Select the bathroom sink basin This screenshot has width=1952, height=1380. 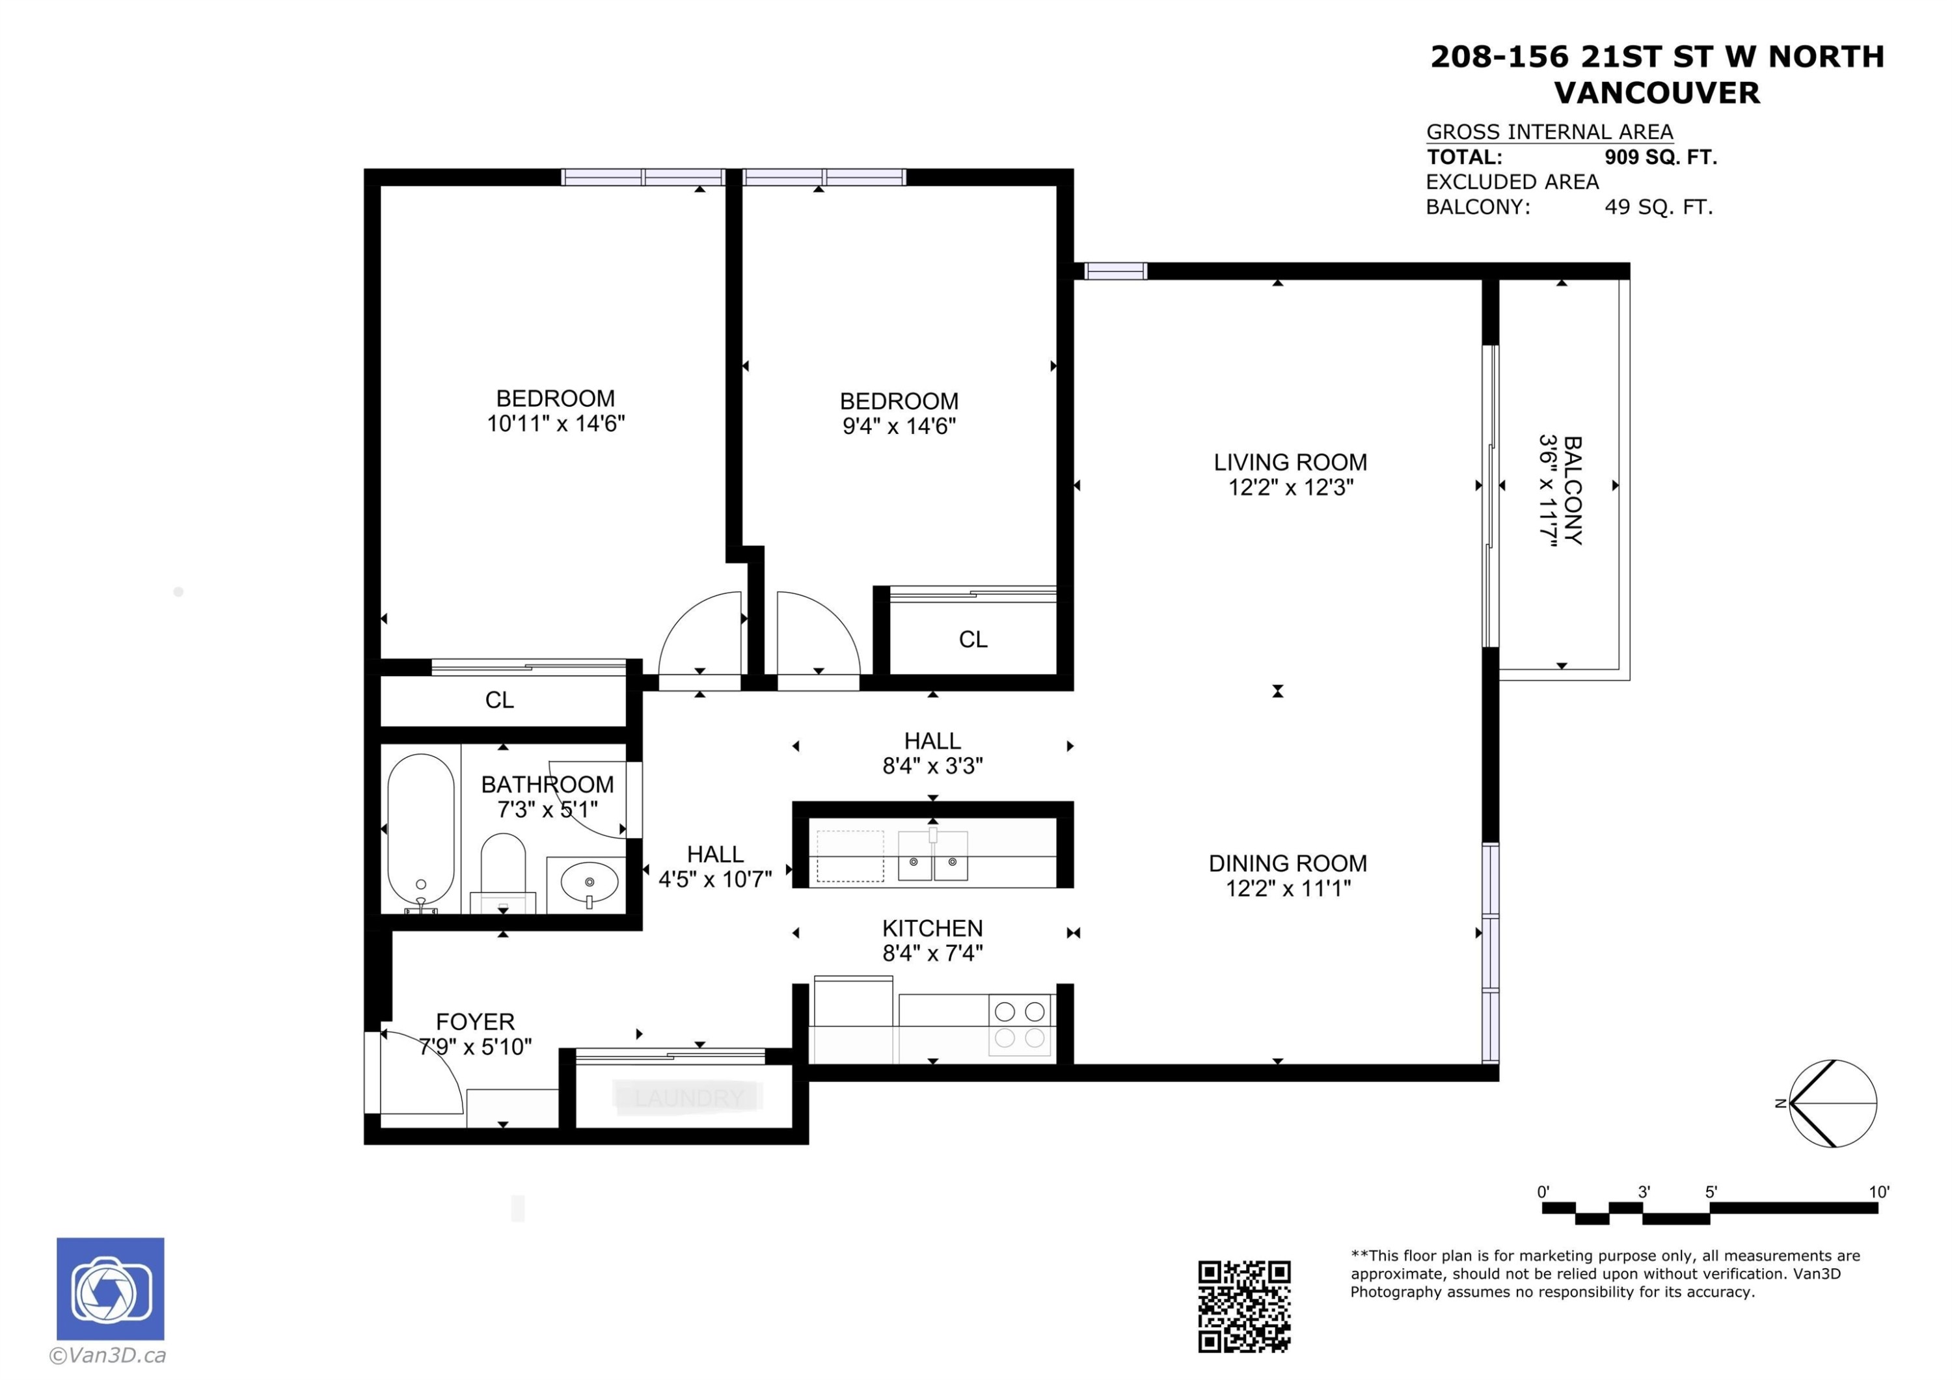pos(590,881)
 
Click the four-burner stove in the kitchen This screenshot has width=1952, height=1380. pos(1020,1025)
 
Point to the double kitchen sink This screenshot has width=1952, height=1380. pos(932,857)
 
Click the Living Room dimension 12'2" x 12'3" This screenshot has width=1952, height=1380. pos(1290,487)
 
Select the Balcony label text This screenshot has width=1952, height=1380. pos(1572,490)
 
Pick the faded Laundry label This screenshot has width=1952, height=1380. pos(688,1098)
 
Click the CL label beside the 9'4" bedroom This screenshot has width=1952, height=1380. pos(973,640)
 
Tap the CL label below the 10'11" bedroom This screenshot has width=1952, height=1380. pos(499,700)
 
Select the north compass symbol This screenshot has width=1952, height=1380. pos(1832,1103)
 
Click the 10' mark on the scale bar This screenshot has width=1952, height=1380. pos(1878,1192)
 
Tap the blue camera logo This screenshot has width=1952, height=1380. pos(111,1289)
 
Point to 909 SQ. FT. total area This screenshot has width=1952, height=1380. pos(1661,157)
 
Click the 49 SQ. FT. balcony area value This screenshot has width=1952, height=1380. pos(1658,208)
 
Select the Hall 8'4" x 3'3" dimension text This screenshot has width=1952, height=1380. pos(932,766)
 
